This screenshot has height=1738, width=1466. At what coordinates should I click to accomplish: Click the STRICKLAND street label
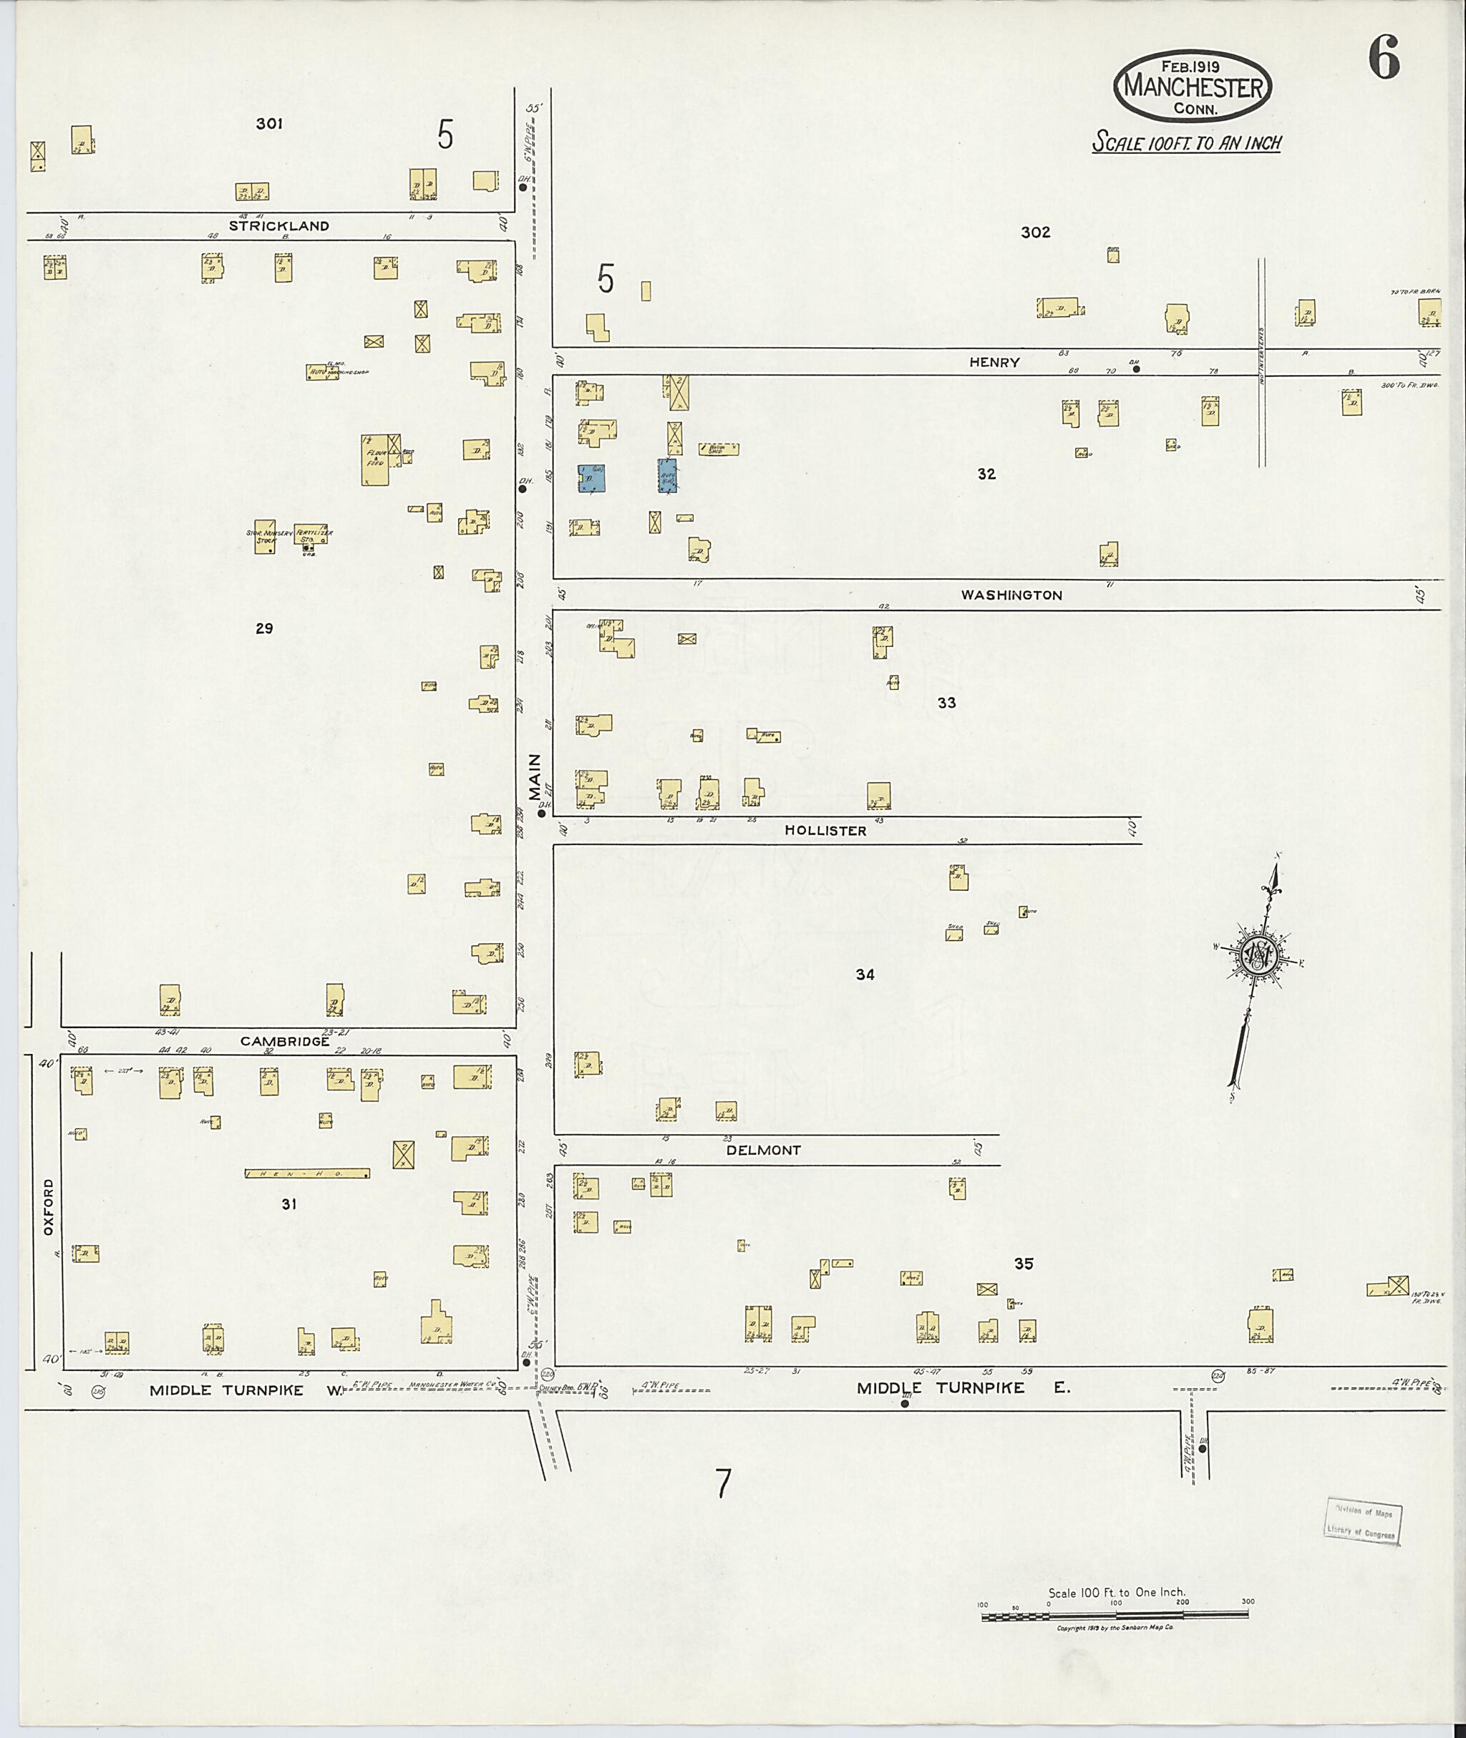[279, 226]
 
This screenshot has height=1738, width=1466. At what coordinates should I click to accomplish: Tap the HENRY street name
[994, 362]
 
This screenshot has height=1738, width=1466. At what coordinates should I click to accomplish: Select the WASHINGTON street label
[1011, 595]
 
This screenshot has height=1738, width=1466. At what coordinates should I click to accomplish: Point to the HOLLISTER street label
[826, 830]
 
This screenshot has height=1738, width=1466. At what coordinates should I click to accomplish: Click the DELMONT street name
[764, 1150]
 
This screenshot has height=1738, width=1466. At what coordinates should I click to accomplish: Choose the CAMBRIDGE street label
[285, 1041]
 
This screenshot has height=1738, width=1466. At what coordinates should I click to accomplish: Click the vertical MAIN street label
[535, 777]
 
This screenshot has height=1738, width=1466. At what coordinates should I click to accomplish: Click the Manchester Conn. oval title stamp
[1193, 84]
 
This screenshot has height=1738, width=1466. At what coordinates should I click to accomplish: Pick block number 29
[264, 628]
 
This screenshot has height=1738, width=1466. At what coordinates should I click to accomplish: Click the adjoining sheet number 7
[724, 1483]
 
